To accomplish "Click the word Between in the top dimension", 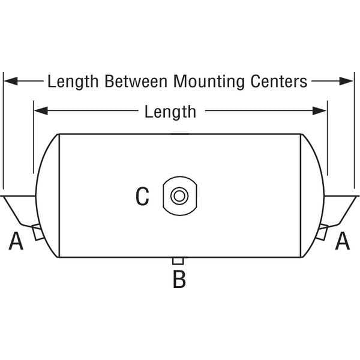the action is (136, 81).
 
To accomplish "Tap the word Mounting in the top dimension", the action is (209, 82).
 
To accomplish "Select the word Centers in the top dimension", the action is (279, 81).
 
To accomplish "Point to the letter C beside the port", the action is (142, 196).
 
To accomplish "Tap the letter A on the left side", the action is (16, 241).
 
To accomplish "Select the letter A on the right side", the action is (343, 241).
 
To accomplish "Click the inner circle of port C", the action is (179, 196).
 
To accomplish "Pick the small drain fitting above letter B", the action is (178, 261).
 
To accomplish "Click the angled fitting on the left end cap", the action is (38, 232).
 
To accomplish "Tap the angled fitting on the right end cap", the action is (322, 232).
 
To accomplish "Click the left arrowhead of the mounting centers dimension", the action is (11, 81).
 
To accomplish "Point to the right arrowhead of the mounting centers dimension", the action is (346, 81).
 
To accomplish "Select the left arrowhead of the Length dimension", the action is (41, 110).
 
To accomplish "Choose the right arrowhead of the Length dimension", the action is (319, 110).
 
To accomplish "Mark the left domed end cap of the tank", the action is (47, 196).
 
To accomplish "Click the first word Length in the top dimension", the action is (73, 82).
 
